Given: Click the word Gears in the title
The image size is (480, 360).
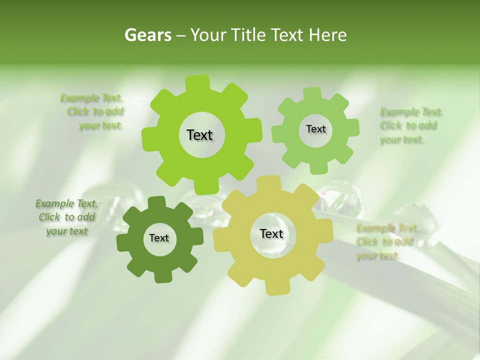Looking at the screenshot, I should point(148,35).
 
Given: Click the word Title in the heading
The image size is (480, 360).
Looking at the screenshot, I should point(249,35).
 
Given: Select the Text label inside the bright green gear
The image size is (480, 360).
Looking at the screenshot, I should point(199,135).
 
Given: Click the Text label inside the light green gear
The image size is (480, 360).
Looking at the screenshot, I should point(315,129).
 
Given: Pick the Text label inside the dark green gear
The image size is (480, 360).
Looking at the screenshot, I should point(159,238).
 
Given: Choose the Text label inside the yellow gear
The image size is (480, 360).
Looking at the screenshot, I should point(271,234).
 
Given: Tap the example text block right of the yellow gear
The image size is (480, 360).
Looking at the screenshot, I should point(385,242).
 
